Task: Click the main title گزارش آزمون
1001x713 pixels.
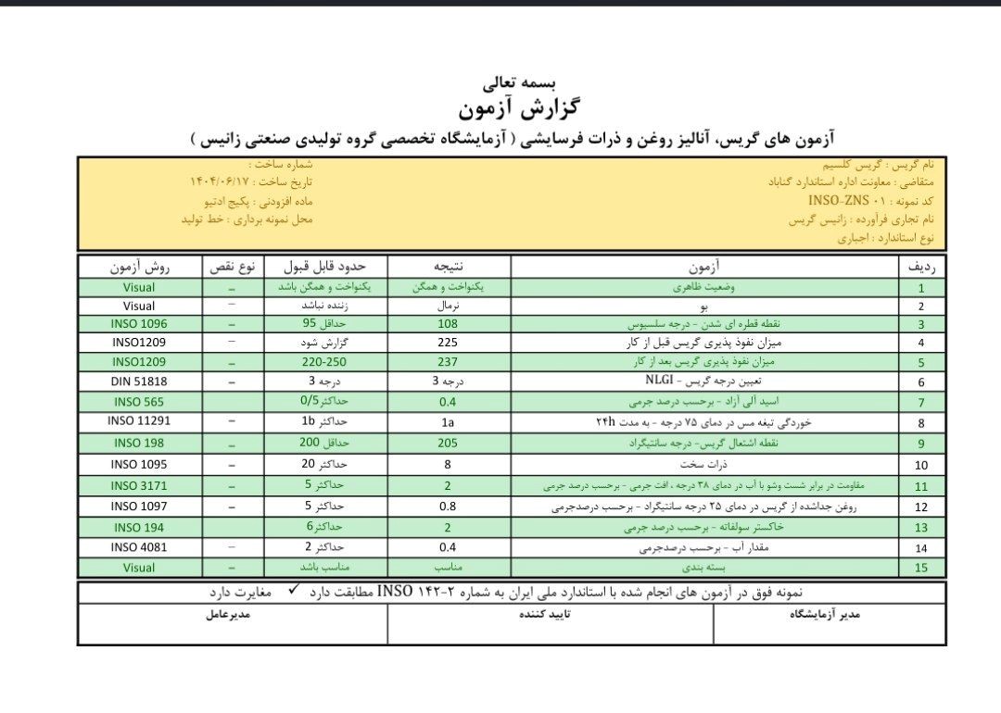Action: pyautogui.click(x=501, y=107)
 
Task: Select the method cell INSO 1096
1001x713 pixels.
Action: pyautogui.click(x=139, y=324)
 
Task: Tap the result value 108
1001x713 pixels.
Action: pyautogui.click(x=448, y=324)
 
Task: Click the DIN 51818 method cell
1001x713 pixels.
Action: pyautogui.click(x=139, y=381)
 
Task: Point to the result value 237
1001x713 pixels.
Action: pyautogui.click(x=448, y=362)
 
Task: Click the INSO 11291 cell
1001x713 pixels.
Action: pyautogui.click(x=139, y=419)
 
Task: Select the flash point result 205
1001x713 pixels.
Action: pyautogui.click(x=448, y=443)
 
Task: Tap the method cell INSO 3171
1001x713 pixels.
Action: pyautogui.click(x=139, y=485)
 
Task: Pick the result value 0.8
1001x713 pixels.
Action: pyautogui.click(x=448, y=507)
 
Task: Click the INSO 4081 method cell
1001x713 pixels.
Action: pyautogui.click(x=139, y=546)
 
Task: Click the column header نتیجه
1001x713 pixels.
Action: pyautogui.click(x=448, y=267)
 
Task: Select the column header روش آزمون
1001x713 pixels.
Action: pyautogui.click(x=139, y=267)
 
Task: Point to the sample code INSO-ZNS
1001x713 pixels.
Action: pyautogui.click(x=840, y=200)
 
